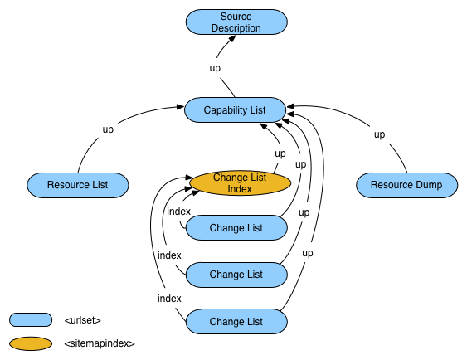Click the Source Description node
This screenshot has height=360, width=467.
[x=236, y=22]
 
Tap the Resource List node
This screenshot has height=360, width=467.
[x=78, y=184]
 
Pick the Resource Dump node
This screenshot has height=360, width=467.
[x=406, y=184]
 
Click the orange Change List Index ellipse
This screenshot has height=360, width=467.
[x=239, y=183]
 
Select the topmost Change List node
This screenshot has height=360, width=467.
[x=236, y=228]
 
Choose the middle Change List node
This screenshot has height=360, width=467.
[x=236, y=274]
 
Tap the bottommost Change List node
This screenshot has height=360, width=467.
[x=236, y=321]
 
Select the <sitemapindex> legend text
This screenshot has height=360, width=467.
[x=99, y=343]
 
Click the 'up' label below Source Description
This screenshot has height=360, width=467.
[x=215, y=68]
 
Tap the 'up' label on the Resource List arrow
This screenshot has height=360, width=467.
[x=108, y=129]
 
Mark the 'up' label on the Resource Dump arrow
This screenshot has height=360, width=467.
[x=379, y=134]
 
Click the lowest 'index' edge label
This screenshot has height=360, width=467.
[x=169, y=298]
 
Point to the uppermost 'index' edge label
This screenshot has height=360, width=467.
[x=178, y=212]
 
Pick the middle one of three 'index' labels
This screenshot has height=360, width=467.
[x=169, y=255]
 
